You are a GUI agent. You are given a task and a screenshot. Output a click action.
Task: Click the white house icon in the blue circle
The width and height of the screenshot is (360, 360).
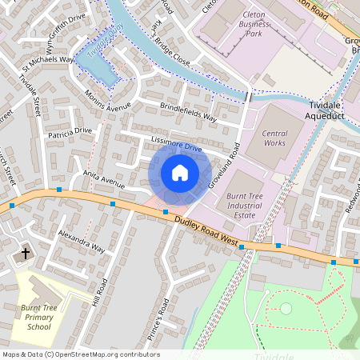[180, 173]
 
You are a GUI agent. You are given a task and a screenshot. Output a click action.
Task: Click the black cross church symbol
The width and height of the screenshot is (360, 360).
[25, 254]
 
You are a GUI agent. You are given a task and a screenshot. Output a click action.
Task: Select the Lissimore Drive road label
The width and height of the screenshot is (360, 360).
[175, 144]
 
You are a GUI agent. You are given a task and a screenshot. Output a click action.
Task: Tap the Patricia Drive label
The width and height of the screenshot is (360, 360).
[70, 132]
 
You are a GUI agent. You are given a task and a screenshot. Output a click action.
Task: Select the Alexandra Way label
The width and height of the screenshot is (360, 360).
[81, 242]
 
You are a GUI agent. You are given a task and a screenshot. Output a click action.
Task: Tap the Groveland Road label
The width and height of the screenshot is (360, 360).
[225, 166]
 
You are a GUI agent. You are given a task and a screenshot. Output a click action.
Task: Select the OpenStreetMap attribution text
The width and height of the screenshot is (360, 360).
[80, 354]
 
